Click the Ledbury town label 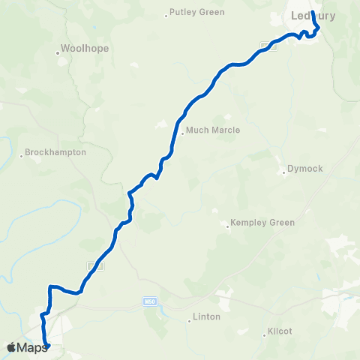point(313,15)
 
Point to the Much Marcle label point(213,130)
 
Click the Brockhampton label point(55,151)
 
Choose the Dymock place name point(305,169)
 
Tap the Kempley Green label point(262,223)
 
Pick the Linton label point(207,316)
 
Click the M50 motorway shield point(148,302)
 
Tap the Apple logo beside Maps point(11,347)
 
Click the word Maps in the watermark point(32,347)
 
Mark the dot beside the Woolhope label point(58,53)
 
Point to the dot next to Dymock point(283,174)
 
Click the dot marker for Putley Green point(166,14)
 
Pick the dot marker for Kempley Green point(228,226)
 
